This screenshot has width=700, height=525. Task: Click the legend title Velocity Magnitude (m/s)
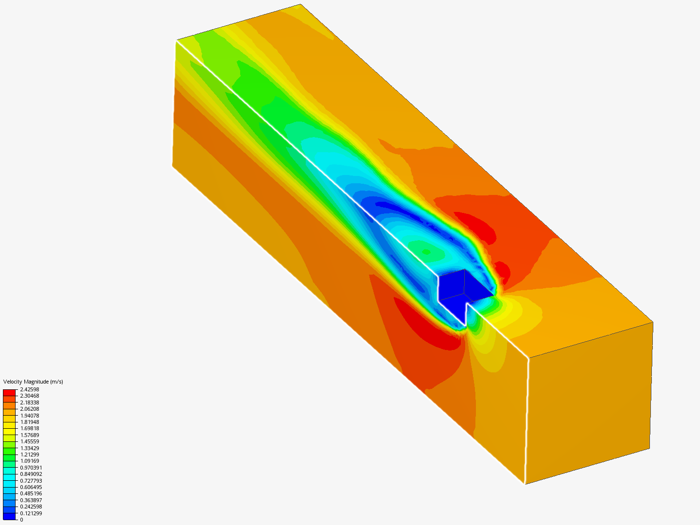[x=33, y=382]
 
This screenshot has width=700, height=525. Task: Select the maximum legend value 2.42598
[x=30, y=389]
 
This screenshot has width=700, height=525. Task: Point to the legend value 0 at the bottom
[x=21, y=520]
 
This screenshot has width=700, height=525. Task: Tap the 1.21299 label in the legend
[x=30, y=455]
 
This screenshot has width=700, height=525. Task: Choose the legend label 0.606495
[x=31, y=487]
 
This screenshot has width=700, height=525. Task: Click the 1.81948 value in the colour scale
[x=30, y=422]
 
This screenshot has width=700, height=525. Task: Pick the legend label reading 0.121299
[x=31, y=513]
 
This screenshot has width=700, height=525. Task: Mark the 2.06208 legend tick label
[x=30, y=409]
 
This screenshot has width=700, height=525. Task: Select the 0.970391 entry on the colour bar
[x=31, y=468]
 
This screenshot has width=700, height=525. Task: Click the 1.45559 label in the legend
[x=30, y=441]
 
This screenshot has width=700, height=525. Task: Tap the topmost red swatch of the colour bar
[x=9, y=392]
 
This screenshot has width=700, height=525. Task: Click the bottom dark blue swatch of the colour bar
[x=9, y=516]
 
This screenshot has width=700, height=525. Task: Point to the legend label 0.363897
[x=31, y=500]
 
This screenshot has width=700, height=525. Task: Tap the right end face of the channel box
[x=588, y=403]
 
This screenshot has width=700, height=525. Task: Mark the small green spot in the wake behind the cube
[x=426, y=252]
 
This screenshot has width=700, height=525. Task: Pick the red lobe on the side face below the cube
[x=428, y=326]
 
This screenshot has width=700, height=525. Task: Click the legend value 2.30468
[x=30, y=396]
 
